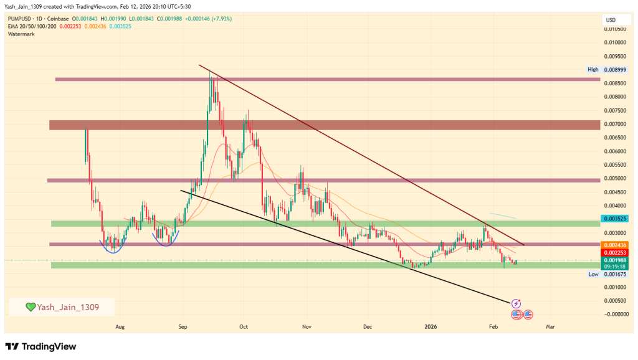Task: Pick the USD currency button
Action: pyautogui.click(x=611, y=20)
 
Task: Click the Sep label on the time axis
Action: pyautogui.click(x=183, y=326)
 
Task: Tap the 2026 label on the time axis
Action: pyautogui.click(x=431, y=326)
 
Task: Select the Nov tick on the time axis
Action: pyautogui.click(x=306, y=326)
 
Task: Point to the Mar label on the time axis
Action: pyautogui.click(x=550, y=326)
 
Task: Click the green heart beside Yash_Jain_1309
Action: pyautogui.click(x=30, y=307)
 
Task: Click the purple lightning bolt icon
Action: pyautogui.click(x=516, y=303)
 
